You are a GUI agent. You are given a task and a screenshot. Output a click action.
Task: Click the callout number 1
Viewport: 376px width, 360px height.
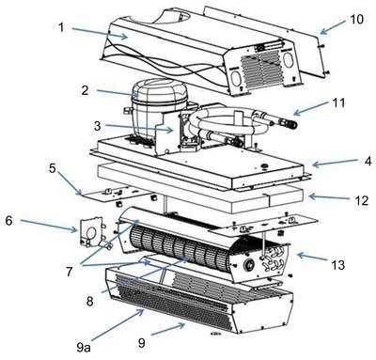click(x=61, y=27)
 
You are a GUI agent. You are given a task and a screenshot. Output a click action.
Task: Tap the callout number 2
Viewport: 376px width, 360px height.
click(x=85, y=90)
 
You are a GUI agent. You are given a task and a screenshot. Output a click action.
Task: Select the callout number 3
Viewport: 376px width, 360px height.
click(x=98, y=126)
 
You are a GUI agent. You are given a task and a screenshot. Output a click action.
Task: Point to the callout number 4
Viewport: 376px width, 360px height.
click(x=368, y=161)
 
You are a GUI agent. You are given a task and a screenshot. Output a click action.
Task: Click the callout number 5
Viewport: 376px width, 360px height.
click(x=53, y=168)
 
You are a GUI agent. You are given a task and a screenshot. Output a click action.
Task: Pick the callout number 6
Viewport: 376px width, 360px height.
click(x=9, y=220)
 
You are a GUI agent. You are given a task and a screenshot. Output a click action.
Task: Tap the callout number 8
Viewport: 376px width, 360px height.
click(x=89, y=301)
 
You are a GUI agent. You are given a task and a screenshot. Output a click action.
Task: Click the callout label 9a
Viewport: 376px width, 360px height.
click(x=83, y=347)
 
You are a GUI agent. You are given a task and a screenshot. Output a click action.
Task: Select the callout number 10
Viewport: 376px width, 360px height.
click(x=356, y=19)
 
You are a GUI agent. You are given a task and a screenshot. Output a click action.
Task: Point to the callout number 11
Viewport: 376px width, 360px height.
click(x=338, y=102)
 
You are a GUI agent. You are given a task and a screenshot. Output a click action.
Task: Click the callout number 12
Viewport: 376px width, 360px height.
click(x=361, y=200)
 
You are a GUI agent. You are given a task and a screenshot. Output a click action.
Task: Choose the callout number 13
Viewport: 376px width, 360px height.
click(x=337, y=265)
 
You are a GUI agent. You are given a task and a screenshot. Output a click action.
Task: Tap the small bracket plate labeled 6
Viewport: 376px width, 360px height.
click(x=91, y=233)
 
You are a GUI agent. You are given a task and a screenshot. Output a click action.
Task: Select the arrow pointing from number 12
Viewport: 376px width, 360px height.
click(x=329, y=197)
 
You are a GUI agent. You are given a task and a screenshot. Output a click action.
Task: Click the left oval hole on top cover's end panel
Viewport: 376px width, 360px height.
click(x=237, y=76)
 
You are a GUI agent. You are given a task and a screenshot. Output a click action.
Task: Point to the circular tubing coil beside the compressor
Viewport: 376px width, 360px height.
click(x=228, y=125)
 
